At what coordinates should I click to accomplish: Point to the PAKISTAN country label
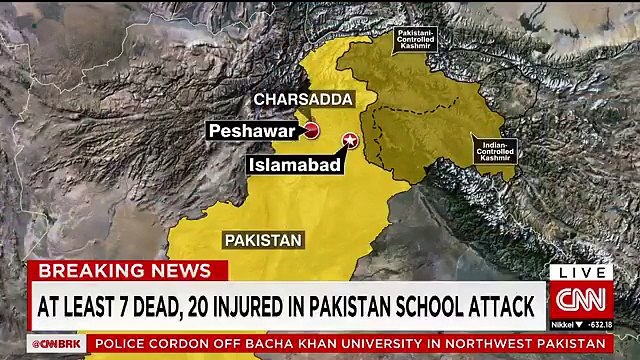click(x=263, y=240)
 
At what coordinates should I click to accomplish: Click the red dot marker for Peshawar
click(x=311, y=131)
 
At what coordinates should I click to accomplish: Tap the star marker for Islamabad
click(x=350, y=140)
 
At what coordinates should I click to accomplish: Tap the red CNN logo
click(x=580, y=299)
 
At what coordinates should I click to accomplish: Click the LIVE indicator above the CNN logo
click(x=580, y=272)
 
